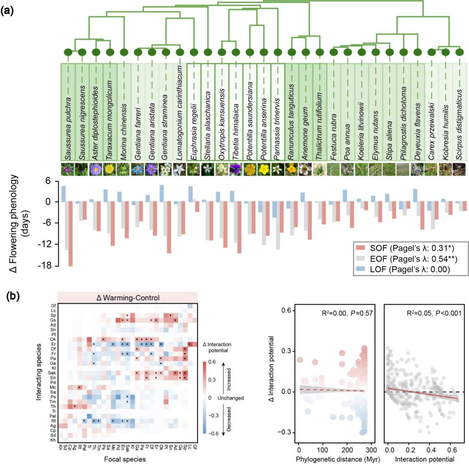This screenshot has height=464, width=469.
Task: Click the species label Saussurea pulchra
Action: coord(68,128)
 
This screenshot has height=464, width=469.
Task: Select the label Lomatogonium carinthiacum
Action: coord(180,112)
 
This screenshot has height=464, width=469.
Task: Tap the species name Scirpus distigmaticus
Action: coord(459,124)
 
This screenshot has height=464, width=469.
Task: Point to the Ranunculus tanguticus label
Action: coord(291,122)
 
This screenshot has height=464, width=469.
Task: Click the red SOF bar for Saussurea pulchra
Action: coord(70,234)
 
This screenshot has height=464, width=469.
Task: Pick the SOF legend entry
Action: coord(405,248)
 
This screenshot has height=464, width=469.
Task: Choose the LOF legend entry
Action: coord(405,269)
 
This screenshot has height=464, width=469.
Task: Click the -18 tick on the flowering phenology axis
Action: coord(46,266)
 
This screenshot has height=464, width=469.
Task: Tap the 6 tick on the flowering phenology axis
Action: coord(48,181)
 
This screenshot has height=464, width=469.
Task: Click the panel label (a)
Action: coord(7,10)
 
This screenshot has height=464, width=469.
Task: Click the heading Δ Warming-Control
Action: coord(128,298)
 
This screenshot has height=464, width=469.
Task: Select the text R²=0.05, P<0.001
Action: coord(434,313)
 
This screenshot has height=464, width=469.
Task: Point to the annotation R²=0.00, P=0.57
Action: coord(347,313)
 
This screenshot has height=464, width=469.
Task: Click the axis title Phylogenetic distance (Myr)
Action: coord(337,459)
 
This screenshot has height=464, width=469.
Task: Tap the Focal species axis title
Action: coord(125,459)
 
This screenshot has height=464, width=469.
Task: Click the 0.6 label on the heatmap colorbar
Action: coord(212,362)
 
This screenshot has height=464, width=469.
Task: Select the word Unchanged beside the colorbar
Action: coord(230,398)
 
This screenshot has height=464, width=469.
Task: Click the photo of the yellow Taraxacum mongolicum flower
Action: coord(109,169)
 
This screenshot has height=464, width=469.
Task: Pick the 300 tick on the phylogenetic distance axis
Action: coord(371,450)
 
